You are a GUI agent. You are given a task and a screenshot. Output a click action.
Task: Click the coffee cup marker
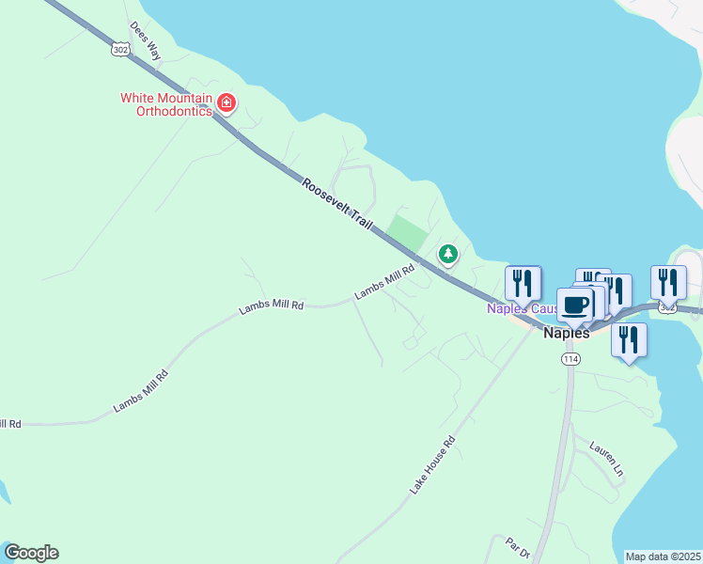click(x=575, y=305)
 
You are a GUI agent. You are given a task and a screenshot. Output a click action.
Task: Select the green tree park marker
click(x=449, y=254)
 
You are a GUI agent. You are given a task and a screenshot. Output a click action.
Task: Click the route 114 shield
click(x=570, y=359)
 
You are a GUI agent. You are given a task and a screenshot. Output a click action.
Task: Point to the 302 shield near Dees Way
click(x=119, y=49)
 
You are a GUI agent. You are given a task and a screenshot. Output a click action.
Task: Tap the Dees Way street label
click(x=146, y=41)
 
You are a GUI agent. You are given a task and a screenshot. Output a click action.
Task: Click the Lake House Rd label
click(x=432, y=465)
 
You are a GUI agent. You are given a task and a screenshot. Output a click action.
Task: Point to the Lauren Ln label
click(x=607, y=459)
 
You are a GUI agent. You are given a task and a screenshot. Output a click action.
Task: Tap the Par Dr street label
click(x=519, y=548)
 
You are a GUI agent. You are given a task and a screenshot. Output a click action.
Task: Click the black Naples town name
click(x=568, y=333)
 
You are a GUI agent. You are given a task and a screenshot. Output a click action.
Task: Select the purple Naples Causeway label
click(x=512, y=308)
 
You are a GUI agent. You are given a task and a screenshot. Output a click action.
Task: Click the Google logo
click(x=31, y=553)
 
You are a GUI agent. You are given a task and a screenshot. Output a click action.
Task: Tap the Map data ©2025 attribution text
click(x=664, y=556)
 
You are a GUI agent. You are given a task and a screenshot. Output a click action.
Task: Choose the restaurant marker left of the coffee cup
click(x=523, y=282)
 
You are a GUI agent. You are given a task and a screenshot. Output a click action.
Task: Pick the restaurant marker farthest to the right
click(x=668, y=281)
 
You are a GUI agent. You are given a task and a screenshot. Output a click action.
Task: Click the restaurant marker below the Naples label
click(x=629, y=339)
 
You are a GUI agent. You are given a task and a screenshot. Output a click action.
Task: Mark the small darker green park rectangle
click(x=406, y=231)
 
